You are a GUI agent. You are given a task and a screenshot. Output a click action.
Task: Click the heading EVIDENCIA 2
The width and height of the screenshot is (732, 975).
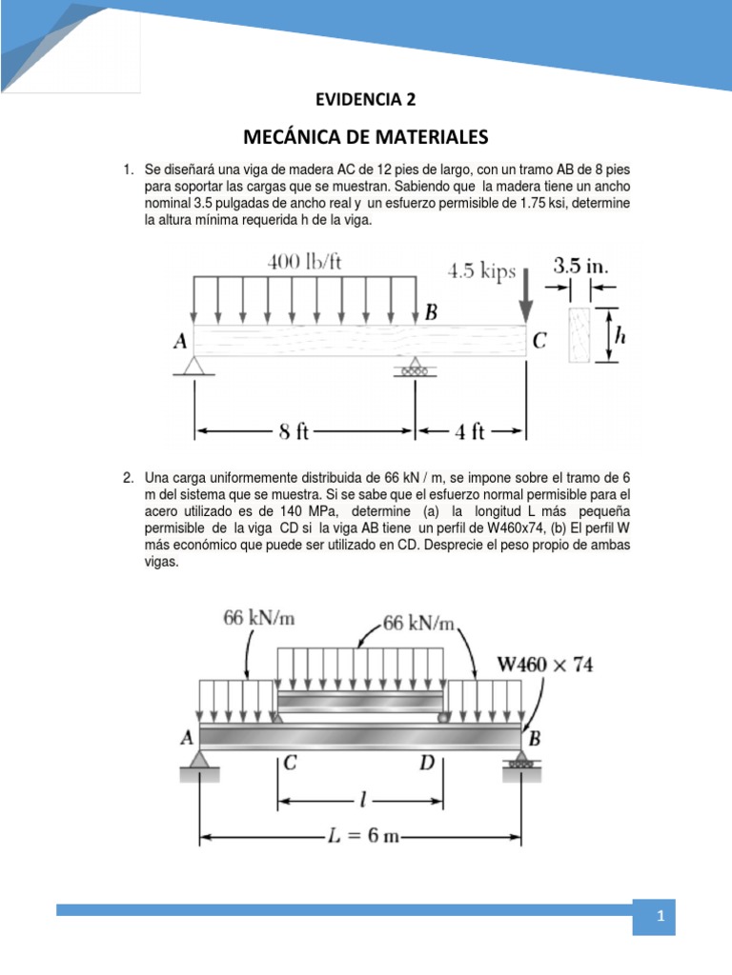coord(365,99)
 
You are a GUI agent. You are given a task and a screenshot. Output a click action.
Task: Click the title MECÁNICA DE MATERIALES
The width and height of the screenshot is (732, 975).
coord(365,135)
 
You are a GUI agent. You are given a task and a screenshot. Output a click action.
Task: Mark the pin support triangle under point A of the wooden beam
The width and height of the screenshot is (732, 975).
coord(194,364)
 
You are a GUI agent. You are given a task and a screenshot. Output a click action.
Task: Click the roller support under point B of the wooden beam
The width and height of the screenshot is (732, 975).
coord(415,366)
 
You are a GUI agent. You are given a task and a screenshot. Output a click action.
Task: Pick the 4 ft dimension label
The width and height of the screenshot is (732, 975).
coord(470,432)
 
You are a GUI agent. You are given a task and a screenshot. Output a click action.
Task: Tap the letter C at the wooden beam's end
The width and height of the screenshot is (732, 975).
coord(539,341)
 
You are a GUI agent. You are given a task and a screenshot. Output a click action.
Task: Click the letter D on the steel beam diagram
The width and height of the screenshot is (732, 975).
coord(428,763)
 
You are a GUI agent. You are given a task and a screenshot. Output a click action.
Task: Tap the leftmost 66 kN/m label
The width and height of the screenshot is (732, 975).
coord(259,618)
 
